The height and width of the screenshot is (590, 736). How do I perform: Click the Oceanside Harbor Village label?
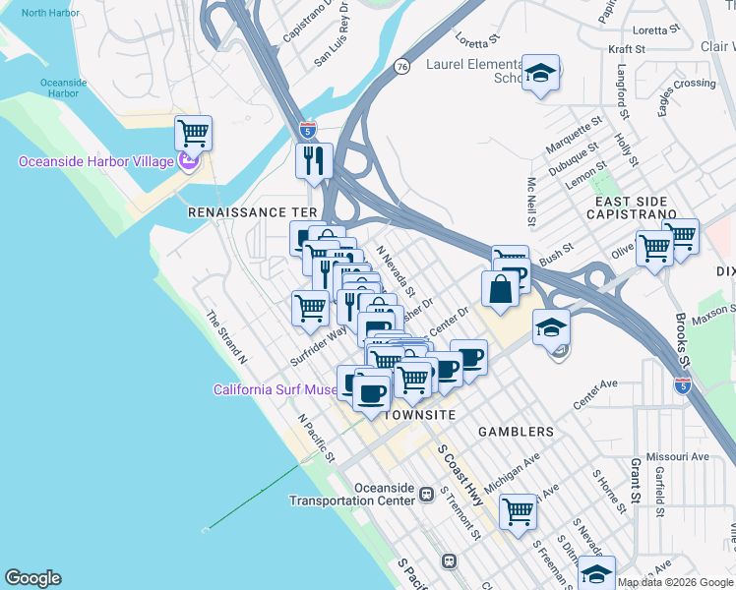(x=95, y=161)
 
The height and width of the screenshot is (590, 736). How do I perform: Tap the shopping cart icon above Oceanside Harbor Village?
(x=194, y=132)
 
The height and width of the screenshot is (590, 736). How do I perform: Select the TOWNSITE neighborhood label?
(x=418, y=415)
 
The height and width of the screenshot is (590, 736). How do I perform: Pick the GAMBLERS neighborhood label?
(x=516, y=432)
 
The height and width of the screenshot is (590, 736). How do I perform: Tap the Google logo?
(x=32, y=578)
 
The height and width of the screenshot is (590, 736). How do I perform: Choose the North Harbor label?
(x=51, y=13)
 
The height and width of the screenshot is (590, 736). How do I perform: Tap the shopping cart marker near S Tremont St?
(x=518, y=510)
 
